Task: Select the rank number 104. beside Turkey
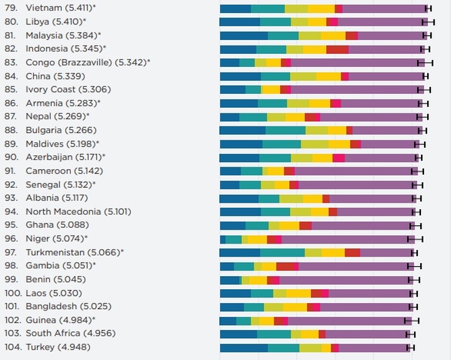point(13,347)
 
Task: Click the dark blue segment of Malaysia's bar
point(243,36)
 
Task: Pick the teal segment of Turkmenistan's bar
point(282,252)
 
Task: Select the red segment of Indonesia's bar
point(337,49)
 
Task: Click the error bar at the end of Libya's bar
point(428,22)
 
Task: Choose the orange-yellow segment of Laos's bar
point(299,293)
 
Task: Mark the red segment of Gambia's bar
point(286,266)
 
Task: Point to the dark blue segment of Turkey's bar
point(244,347)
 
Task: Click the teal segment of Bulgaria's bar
point(286,130)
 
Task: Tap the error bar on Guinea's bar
point(412,320)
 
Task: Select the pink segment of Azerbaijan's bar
point(338,157)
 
